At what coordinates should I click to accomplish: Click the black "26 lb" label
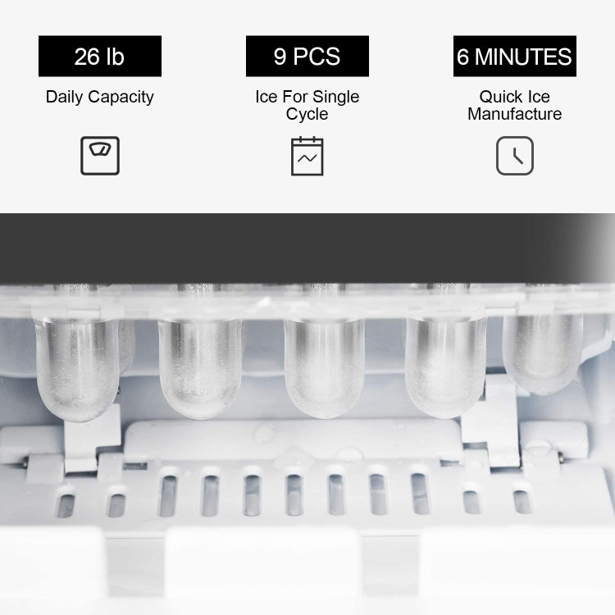pyautogui.click(x=99, y=56)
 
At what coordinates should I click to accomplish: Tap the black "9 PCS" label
pyautogui.click(x=307, y=56)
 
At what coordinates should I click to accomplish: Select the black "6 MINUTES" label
pyautogui.click(x=515, y=56)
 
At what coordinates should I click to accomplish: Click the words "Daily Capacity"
pyautogui.click(x=99, y=98)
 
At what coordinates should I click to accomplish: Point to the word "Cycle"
pyautogui.click(x=307, y=115)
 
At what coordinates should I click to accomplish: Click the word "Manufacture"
pyautogui.click(x=515, y=114)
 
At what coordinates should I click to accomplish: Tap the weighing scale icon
pyautogui.click(x=100, y=156)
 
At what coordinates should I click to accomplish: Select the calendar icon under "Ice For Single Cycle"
pyautogui.click(x=307, y=156)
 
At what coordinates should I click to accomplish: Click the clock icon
pyautogui.click(x=515, y=156)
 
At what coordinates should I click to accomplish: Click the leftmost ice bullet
pyautogui.click(x=77, y=369)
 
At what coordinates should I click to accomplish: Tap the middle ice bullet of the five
pyautogui.click(x=325, y=367)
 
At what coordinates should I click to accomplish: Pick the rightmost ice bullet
pyautogui.click(x=543, y=353)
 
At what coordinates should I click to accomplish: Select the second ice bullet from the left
pyautogui.click(x=199, y=367)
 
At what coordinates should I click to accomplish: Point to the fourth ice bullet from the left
pyautogui.click(x=446, y=367)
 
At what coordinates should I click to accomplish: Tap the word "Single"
pyautogui.click(x=335, y=98)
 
